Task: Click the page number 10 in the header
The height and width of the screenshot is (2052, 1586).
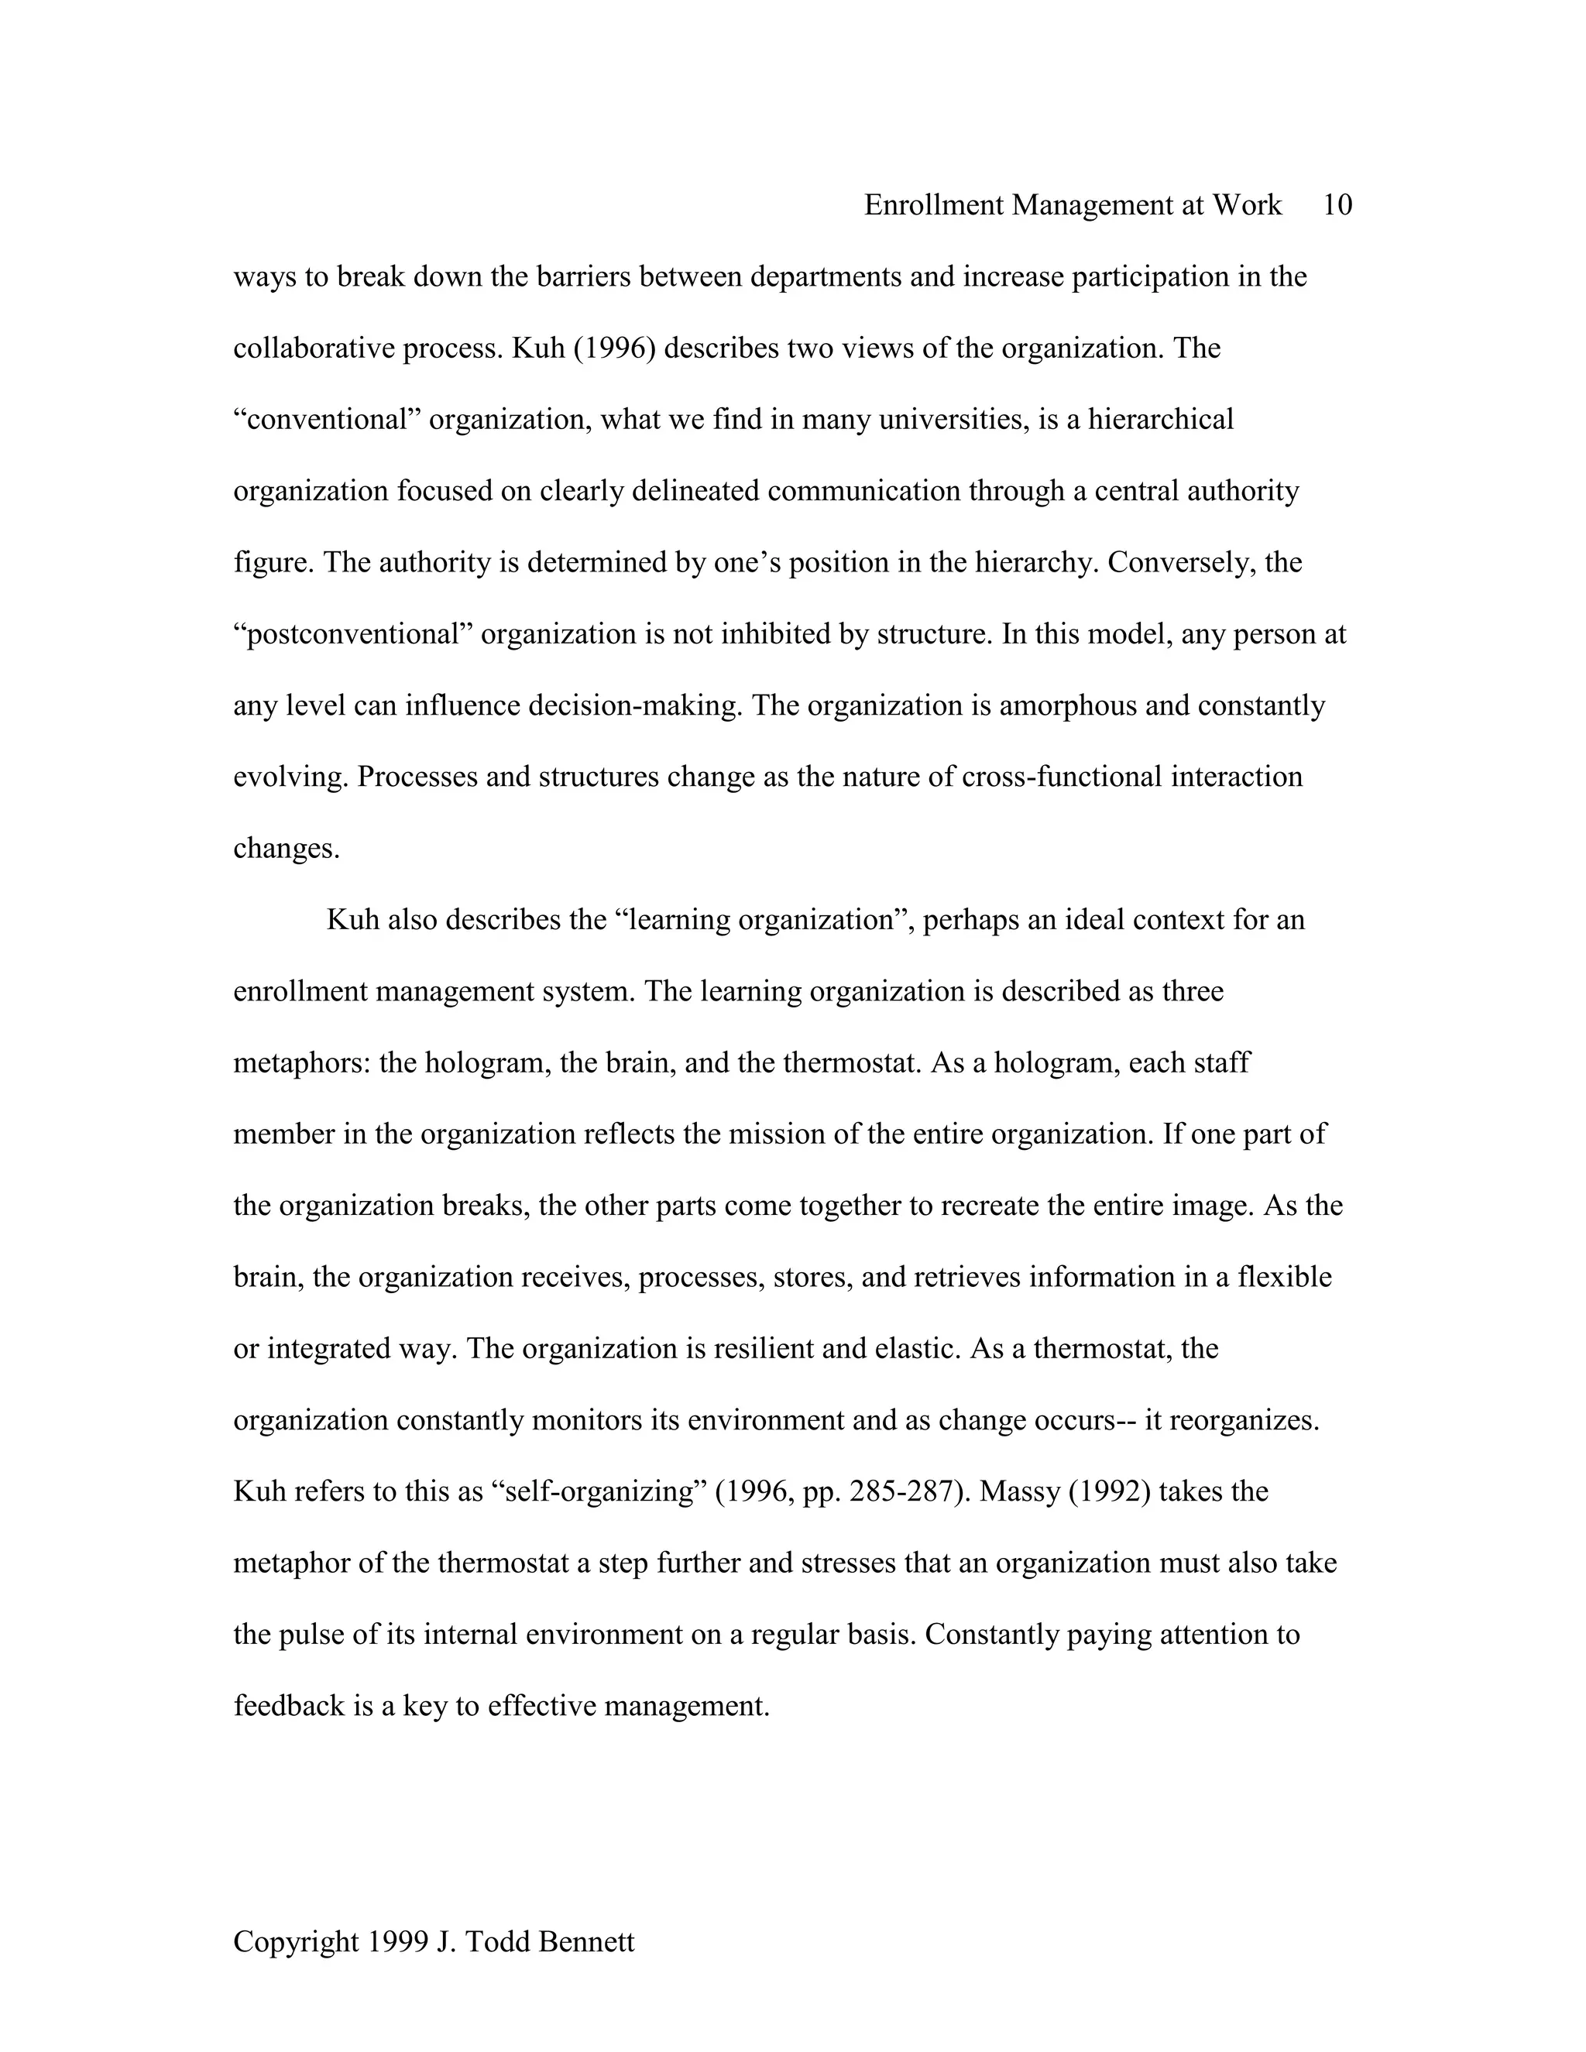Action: [1336, 205]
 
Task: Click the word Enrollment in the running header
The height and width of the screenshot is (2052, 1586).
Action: [933, 205]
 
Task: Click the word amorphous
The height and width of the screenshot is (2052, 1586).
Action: [1067, 705]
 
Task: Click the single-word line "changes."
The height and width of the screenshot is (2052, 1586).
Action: [286, 849]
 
